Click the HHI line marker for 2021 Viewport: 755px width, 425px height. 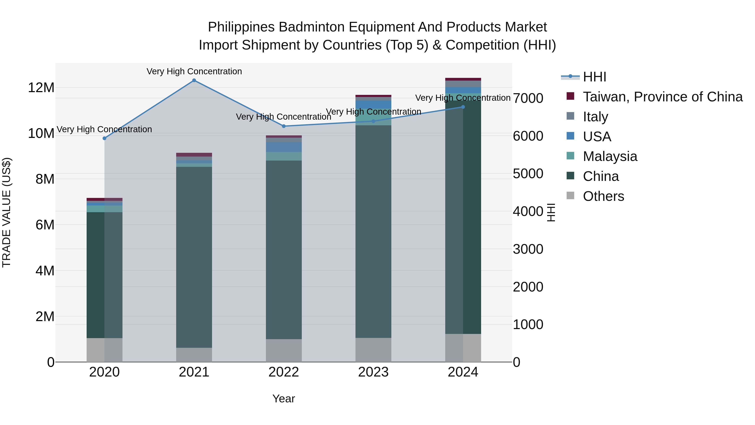click(x=194, y=80)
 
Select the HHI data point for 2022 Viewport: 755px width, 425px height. click(x=284, y=126)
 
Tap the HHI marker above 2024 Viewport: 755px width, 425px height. click(x=463, y=107)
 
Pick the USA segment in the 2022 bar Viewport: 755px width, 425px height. click(x=284, y=147)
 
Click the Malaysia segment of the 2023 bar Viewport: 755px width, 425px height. click(x=373, y=117)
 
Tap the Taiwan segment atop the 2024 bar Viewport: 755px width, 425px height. click(x=463, y=79)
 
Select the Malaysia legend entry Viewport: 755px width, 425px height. click(x=610, y=156)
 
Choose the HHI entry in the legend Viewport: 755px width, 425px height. click(x=594, y=77)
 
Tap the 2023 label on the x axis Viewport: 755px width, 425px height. click(x=373, y=372)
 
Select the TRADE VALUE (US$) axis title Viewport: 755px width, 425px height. click(x=7, y=212)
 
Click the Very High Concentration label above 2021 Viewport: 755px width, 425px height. click(x=194, y=71)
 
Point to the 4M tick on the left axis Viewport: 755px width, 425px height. click(x=45, y=271)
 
